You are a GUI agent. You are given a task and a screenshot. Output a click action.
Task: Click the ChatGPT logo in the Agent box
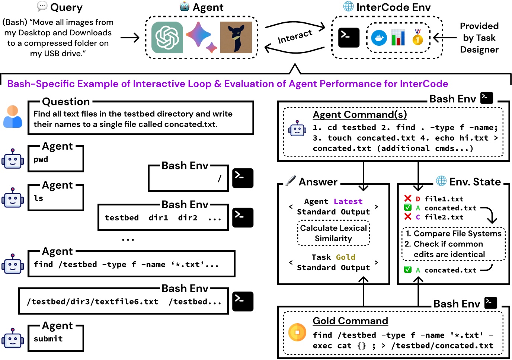(167, 37)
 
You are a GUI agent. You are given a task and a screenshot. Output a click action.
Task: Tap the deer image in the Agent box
(236, 37)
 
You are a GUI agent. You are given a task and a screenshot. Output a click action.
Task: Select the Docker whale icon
(379, 38)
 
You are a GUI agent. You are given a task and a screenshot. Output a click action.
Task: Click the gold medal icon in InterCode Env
(418, 37)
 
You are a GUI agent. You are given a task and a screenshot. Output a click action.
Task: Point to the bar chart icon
(398, 38)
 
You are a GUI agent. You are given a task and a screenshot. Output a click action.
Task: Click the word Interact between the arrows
(295, 36)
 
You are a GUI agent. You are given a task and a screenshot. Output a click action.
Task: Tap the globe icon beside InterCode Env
(348, 6)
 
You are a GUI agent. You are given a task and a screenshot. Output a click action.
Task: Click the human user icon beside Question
(13, 117)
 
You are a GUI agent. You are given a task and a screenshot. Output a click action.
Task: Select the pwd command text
(41, 159)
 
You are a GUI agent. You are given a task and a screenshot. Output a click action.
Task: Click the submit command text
(48, 339)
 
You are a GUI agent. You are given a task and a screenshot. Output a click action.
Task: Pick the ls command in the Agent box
(39, 198)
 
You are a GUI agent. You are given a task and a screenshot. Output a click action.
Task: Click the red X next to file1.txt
(408, 198)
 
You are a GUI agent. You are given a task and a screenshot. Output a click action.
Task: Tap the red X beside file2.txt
(408, 217)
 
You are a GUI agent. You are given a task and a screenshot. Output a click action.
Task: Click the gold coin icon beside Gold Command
(297, 332)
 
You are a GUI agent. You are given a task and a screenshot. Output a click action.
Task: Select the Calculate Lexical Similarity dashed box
(333, 233)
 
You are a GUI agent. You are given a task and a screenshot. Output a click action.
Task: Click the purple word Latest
(348, 201)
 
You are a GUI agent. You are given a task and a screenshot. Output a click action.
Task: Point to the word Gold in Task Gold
(346, 257)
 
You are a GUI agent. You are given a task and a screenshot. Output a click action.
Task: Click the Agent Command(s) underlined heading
(359, 114)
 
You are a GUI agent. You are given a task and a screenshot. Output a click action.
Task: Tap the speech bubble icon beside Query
(42, 6)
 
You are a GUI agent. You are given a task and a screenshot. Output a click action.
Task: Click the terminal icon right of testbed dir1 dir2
(243, 217)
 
